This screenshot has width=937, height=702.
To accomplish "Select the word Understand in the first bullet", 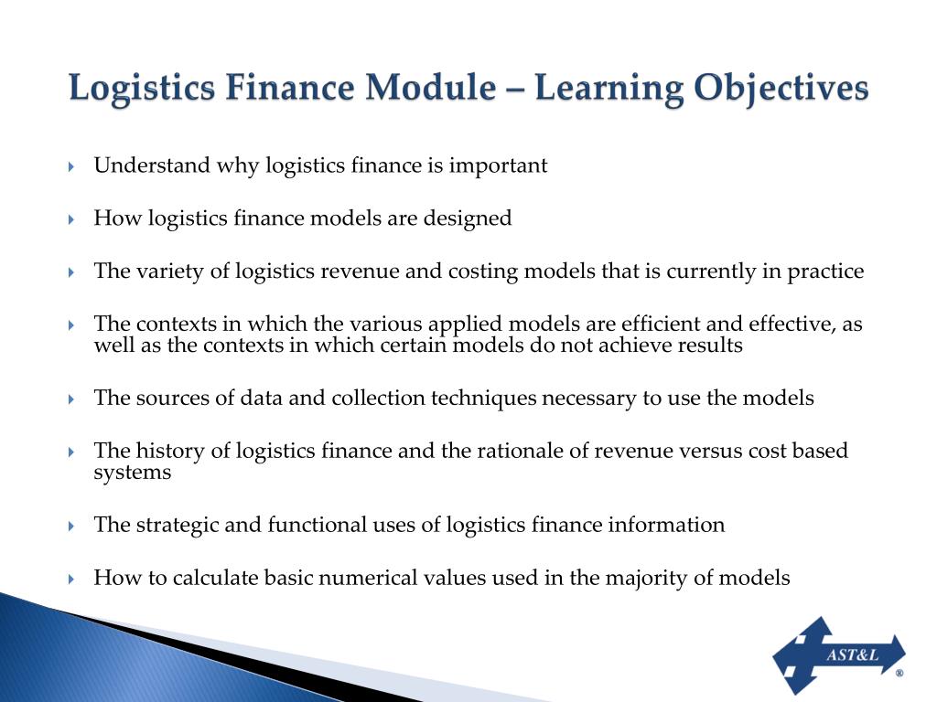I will [x=152, y=165].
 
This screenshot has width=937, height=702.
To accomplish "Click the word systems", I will [x=132, y=472].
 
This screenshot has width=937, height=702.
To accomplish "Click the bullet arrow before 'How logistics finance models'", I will [x=71, y=219].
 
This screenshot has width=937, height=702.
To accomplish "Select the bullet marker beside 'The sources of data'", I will [x=71, y=399].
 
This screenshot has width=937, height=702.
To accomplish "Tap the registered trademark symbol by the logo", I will [x=899, y=673].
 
